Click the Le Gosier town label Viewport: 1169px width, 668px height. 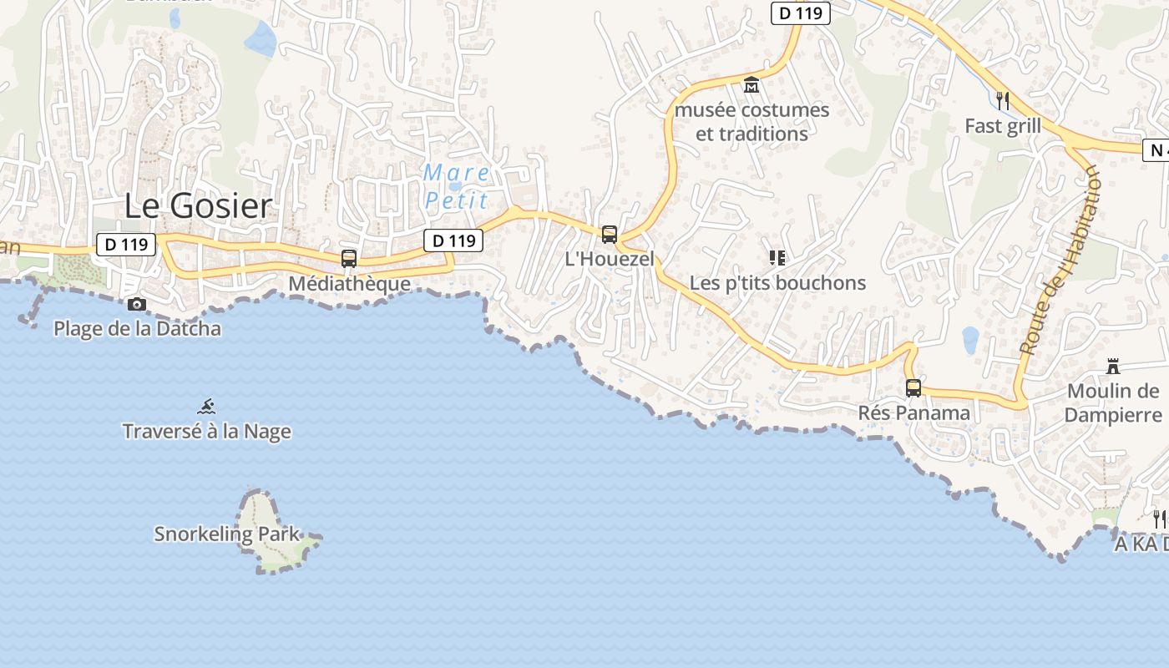[x=198, y=206]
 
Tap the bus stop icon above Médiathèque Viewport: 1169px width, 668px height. [x=349, y=259]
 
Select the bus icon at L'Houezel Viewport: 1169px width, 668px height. [x=610, y=235]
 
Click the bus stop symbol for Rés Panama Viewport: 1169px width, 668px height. [x=913, y=388]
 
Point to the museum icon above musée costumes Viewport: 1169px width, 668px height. [x=751, y=85]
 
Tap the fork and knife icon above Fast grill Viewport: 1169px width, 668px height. [x=1003, y=101]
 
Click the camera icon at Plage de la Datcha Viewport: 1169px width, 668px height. [x=137, y=305]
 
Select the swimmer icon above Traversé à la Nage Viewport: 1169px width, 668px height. [x=207, y=407]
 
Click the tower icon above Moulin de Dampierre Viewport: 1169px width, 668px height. [x=1112, y=366]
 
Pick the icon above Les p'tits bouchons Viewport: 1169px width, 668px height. [x=777, y=258]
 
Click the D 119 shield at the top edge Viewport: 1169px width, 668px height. [x=800, y=13]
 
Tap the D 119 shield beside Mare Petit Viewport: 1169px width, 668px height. [x=453, y=241]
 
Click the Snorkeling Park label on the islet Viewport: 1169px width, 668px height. [x=226, y=534]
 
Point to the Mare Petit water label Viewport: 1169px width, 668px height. [x=457, y=186]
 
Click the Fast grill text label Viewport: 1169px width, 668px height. [x=1003, y=126]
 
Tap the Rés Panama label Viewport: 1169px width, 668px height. [x=913, y=412]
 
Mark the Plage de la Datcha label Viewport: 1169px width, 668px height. [x=137, y=329]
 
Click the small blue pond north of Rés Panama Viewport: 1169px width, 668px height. [x=970, y=340]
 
